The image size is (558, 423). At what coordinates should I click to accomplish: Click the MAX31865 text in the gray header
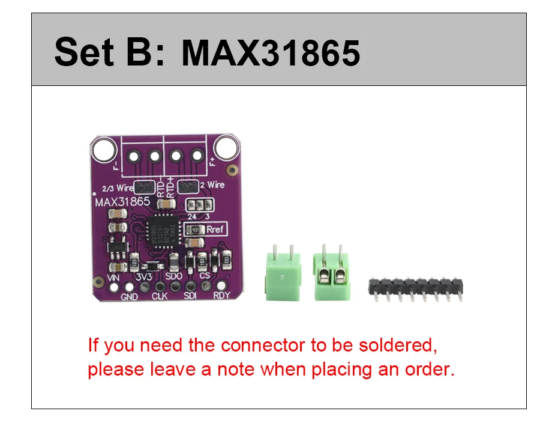click(x=271, y=53)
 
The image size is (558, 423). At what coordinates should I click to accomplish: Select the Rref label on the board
click(x=214, y=229)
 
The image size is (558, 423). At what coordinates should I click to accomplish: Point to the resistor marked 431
click(x=195, y=230)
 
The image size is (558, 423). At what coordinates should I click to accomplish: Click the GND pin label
click(x=130, y=297)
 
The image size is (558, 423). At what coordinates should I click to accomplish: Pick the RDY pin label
click(x=221, y=295)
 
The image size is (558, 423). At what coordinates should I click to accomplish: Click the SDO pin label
click(x=174, y=276)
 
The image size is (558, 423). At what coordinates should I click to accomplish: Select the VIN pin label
click(x=113, y=278)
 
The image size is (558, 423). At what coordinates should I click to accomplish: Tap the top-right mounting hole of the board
click(x=227, y=146)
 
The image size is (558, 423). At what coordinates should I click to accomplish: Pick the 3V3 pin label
click(x=143, y=277)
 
